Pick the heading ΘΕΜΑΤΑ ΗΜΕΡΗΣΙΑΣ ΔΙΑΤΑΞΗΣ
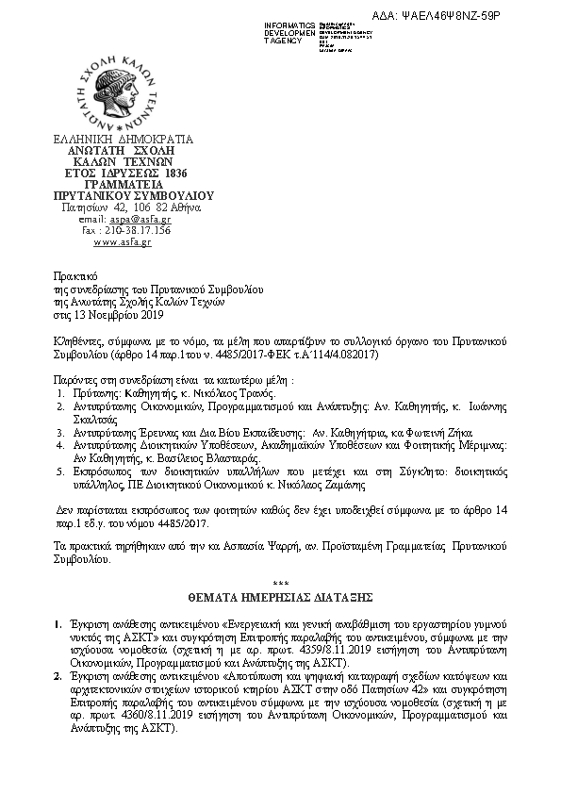point(281,598)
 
